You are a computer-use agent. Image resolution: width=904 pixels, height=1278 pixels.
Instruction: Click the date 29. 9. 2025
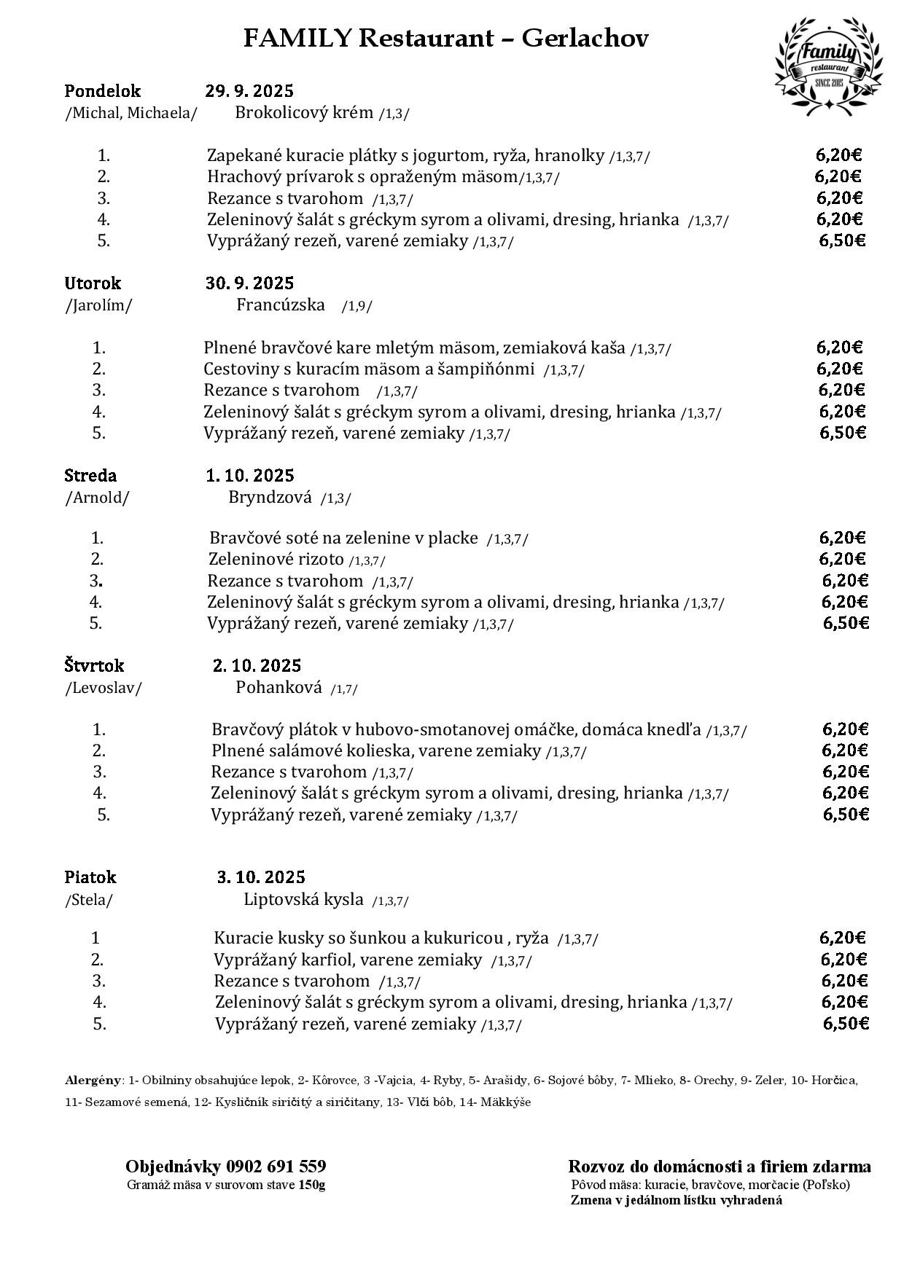[x=249, y=91]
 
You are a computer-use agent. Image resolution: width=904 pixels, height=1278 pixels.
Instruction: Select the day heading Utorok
[x=93, y=283]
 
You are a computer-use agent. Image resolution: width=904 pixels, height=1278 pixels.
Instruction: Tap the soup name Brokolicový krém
[x=304, y=113]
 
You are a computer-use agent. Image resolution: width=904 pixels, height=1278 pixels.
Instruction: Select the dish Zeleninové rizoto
[x=276, y=560]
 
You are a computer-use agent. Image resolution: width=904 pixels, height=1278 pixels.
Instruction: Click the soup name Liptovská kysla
[x=303, y=899]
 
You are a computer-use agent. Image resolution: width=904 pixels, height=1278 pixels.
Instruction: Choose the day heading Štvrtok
[x=94, y=666]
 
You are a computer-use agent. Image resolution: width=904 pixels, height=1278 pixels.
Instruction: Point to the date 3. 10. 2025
[x=261, y=877]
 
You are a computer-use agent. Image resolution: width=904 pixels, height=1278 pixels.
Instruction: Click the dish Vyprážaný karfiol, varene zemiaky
[x=348, y=960]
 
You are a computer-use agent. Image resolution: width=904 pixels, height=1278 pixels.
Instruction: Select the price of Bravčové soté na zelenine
[x=842, y=538]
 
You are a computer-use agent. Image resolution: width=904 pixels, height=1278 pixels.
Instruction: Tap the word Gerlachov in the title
[x=585, y=38]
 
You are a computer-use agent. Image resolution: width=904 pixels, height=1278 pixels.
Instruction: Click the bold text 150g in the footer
[x=312, y=1185]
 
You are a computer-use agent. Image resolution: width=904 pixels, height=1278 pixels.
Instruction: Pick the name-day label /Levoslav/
[x=104, y=688]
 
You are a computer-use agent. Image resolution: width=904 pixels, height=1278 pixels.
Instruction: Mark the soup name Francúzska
[x=281, y=305]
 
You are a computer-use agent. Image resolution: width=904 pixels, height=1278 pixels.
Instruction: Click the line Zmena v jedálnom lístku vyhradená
[x=676, y=1201]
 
